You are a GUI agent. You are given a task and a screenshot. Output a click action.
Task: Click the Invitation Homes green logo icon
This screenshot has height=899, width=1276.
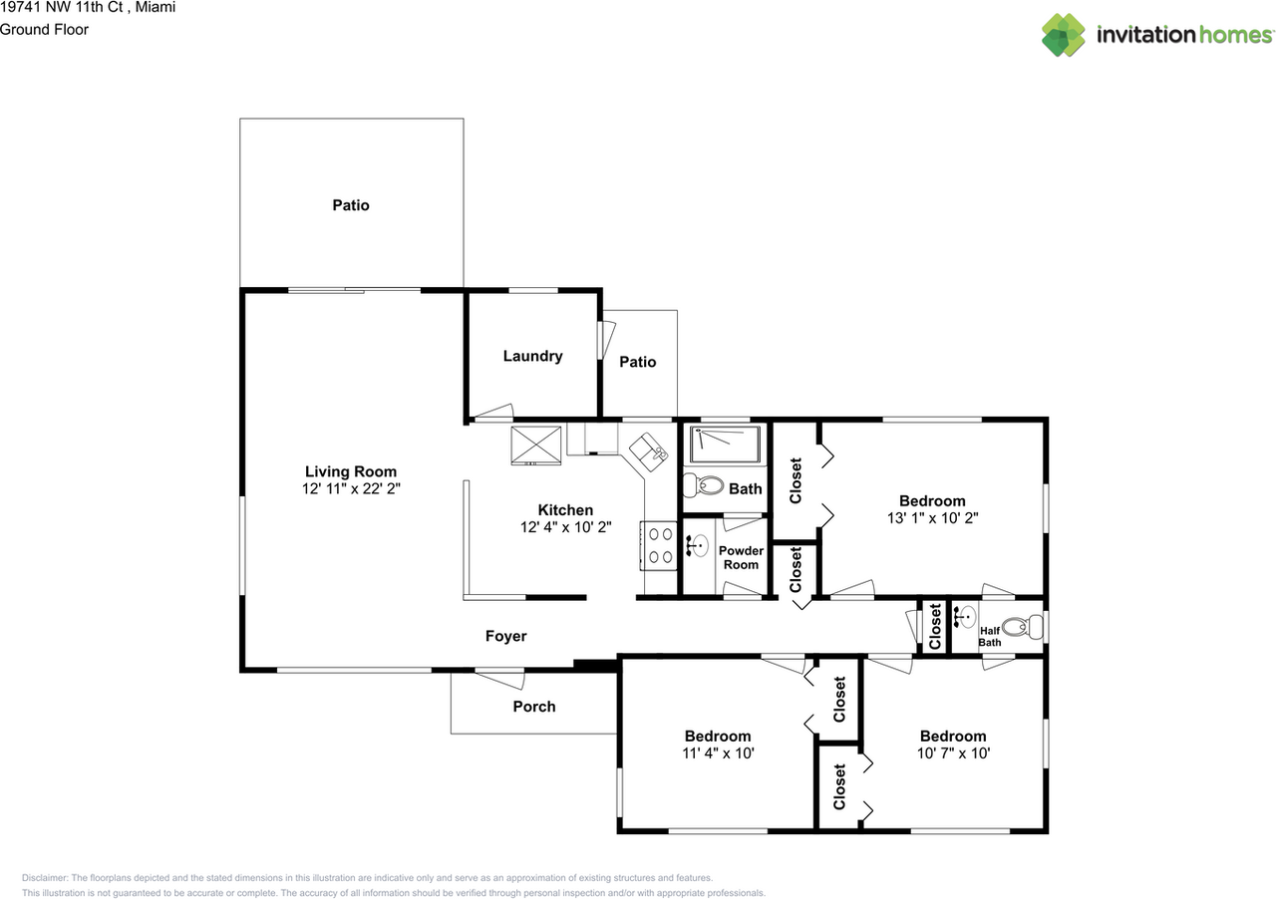tap(1063, 35)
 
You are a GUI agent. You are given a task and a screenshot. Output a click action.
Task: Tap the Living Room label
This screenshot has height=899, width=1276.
tap(351, 471)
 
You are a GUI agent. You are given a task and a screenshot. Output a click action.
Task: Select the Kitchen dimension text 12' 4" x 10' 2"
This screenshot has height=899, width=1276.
tap(565, 527)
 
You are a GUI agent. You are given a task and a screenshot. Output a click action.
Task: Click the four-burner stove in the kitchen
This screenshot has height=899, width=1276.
tap(659, 546)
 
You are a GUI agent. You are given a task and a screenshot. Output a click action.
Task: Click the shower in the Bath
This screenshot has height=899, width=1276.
tap(725, 445)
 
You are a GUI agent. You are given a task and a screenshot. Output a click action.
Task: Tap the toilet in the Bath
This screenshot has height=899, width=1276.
tap(703, 485)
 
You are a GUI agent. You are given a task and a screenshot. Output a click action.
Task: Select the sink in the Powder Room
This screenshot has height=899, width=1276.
tap(696, 546)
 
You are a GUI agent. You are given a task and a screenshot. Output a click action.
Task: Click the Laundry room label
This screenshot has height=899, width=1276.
tap(532, 356)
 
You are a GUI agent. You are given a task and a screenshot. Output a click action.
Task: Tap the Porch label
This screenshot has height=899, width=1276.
tap(534, 707)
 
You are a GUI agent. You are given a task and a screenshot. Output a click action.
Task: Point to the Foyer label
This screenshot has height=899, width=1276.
tap(505, 636)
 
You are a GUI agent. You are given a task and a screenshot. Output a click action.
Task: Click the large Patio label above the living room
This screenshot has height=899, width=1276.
tap(351, 205)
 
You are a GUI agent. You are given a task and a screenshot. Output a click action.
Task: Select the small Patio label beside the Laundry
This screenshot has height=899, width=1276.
tap(638, 362)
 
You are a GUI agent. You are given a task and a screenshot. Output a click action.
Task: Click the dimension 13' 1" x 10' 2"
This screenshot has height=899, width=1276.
tap(932, 518)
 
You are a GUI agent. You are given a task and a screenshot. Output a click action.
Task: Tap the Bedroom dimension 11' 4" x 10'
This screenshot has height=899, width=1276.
tap(719, 753)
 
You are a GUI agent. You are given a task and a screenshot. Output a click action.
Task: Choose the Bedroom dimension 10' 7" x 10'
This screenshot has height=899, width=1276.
tap(954, 753)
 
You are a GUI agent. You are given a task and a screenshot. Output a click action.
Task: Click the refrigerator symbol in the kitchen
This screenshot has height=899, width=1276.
tap(535, 446)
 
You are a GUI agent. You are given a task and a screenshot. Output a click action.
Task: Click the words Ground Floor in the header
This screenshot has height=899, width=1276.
tap(44, 30)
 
